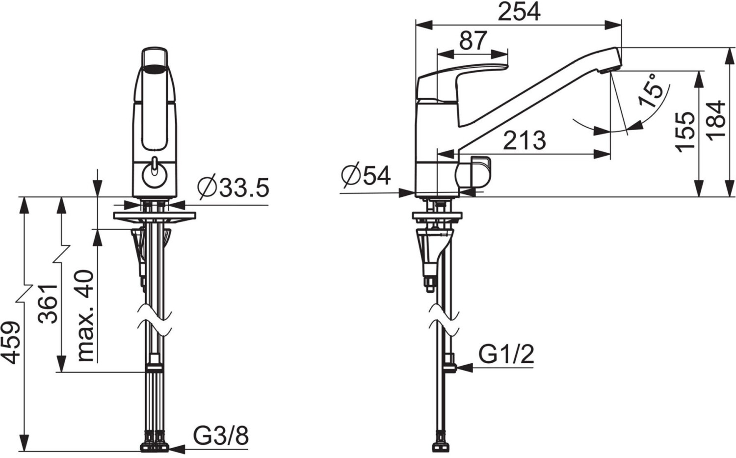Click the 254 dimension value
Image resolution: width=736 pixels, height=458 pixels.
pos(519,12)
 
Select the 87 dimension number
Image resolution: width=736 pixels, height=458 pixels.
pos(473,41)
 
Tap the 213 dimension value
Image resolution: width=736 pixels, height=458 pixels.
pos(525,140)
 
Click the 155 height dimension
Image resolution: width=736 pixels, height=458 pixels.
pos(686,132)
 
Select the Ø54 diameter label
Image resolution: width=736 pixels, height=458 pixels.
pos(366,176)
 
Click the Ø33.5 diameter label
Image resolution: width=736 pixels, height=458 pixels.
pos(233,188)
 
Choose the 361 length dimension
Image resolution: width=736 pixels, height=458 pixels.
pos(48,304)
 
